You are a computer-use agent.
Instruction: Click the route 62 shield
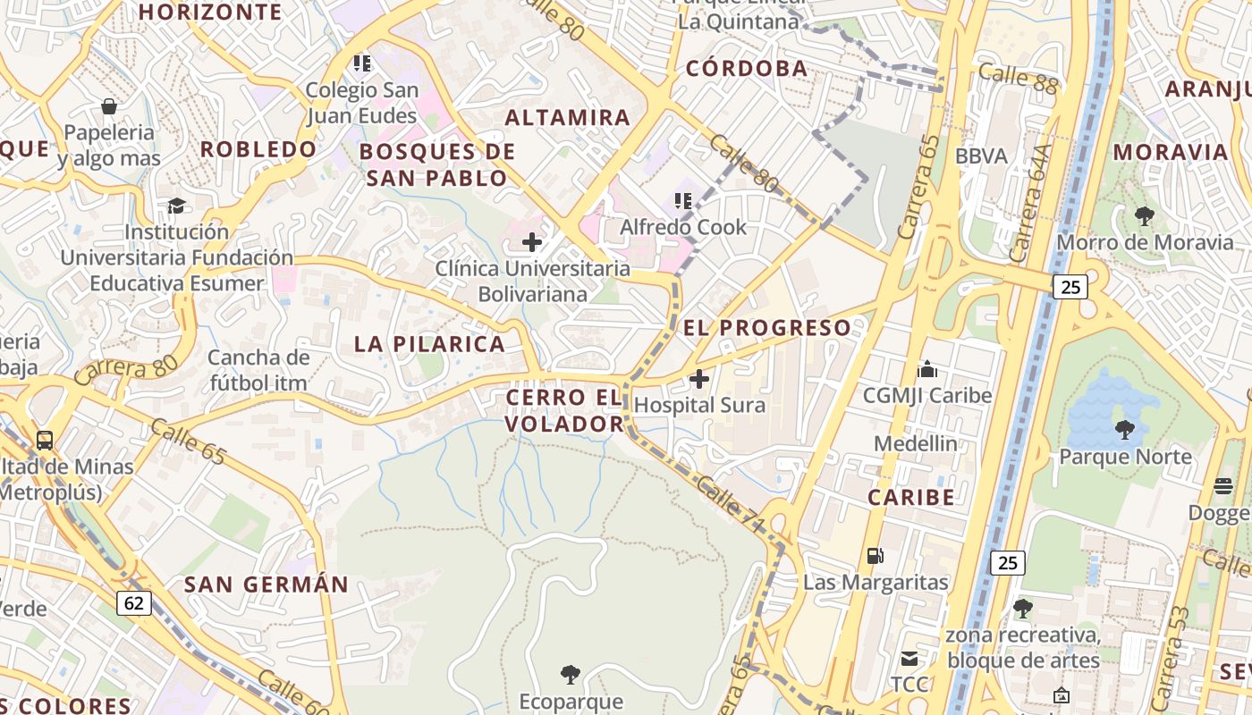[x=134, y=603]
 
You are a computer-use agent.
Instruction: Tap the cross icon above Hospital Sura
[x=699, y=380]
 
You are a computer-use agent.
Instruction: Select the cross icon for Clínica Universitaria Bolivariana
[x=532, y=242]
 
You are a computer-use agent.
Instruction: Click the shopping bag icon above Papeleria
[x=109, y=107]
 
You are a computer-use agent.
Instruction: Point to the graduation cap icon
[x=176, y=206]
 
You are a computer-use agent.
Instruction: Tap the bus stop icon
[x=45, y=440]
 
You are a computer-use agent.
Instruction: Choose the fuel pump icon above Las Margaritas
[x=875, y=556]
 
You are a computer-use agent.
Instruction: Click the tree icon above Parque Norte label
[x=1124, y=430]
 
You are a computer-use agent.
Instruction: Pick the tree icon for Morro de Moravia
[x=1144, y=215]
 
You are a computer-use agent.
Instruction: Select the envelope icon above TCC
[x=909, y=660]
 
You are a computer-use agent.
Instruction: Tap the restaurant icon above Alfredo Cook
[x=684, y=201]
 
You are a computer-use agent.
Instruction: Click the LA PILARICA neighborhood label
[x=429, y=344]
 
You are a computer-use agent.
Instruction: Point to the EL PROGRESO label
[x=767, y=328]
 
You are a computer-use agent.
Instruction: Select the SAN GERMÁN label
[x=266, y=585]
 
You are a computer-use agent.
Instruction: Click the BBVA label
[x=981, y=156]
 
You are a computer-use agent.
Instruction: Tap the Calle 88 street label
[x=1018, y=78]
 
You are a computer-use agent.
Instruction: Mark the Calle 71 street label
[x=729, y=507]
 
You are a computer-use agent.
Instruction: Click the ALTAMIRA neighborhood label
[x=568, y=118]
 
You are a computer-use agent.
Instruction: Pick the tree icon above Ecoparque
[x=570, y=674]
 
